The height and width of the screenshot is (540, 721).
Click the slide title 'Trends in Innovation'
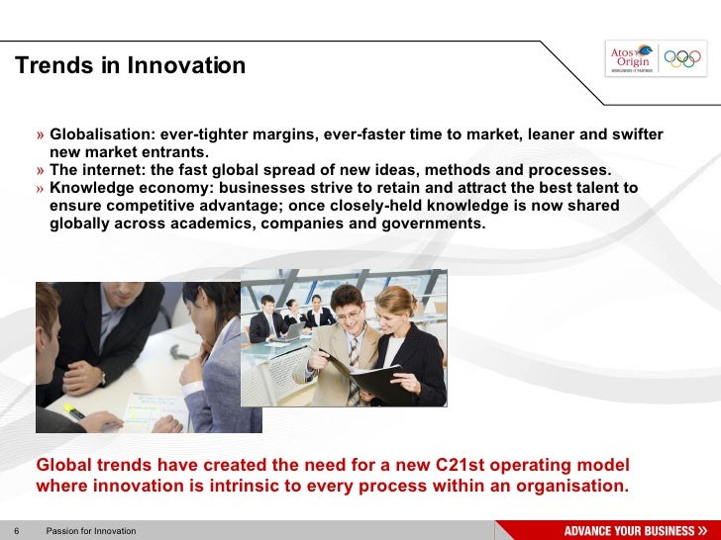pos(130,66)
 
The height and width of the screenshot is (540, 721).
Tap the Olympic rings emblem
pos(681,58)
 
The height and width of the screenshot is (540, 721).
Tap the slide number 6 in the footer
pos(16,531)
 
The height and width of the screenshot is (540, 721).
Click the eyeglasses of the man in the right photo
pos(348,315)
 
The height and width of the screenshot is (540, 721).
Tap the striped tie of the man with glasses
pos(353,376)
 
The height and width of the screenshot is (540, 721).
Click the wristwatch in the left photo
pos(101,377)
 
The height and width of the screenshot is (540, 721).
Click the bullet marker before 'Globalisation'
pos(41,135)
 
